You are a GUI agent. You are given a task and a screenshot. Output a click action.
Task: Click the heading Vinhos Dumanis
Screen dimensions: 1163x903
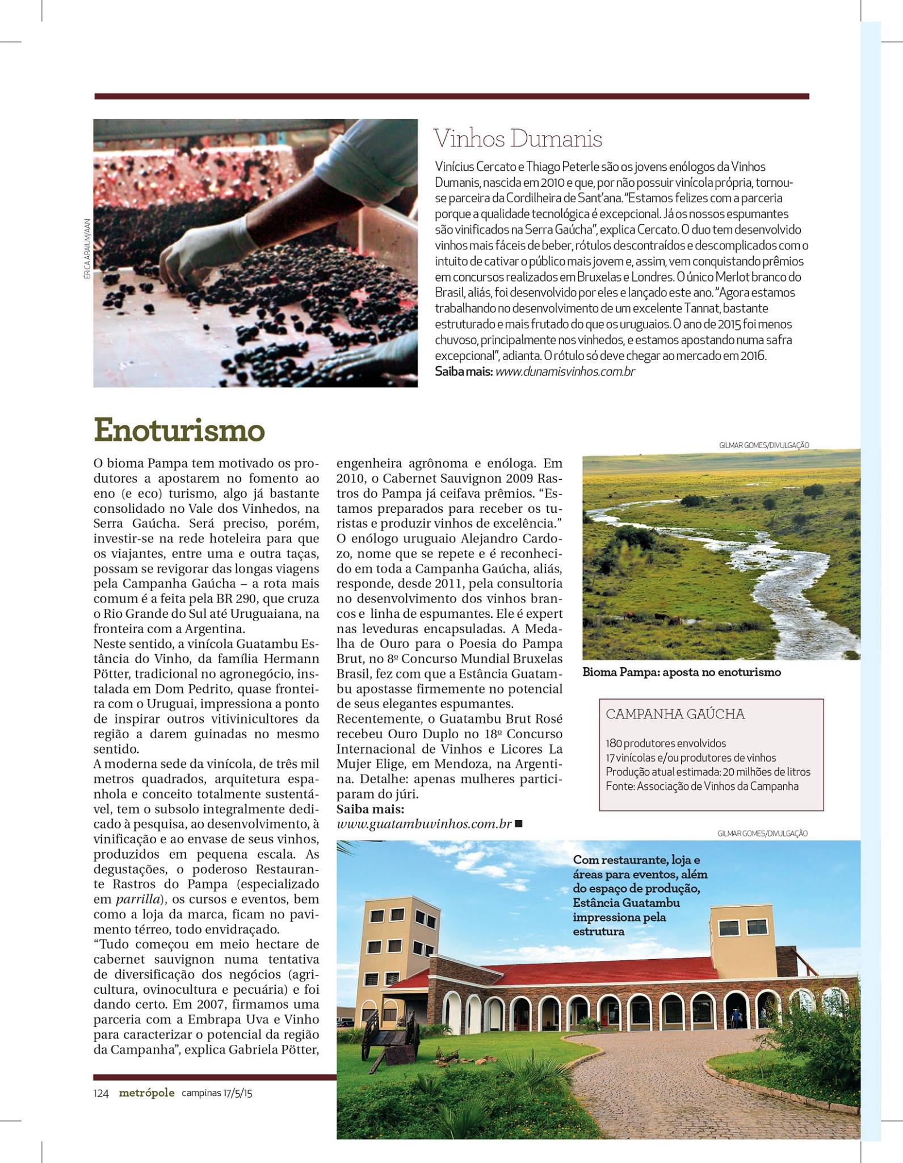point(518,139)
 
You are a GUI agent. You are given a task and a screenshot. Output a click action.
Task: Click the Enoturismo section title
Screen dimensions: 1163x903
point(179,430)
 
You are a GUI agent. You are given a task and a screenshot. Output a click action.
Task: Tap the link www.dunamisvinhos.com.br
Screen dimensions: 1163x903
point(565,372)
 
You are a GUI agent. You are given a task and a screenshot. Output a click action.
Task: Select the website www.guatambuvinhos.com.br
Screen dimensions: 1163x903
point(425,823)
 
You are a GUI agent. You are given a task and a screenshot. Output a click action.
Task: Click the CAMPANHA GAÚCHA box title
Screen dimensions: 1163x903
point(675,714)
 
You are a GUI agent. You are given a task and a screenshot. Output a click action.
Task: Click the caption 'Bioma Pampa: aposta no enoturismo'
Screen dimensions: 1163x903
point(682,672)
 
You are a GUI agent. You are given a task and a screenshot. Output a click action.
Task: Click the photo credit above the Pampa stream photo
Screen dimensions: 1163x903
point(763,445)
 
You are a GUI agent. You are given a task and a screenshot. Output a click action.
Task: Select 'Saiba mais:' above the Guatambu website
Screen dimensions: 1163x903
point(370,809)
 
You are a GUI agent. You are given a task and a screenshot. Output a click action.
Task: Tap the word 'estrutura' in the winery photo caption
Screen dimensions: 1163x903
point(598,931)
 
